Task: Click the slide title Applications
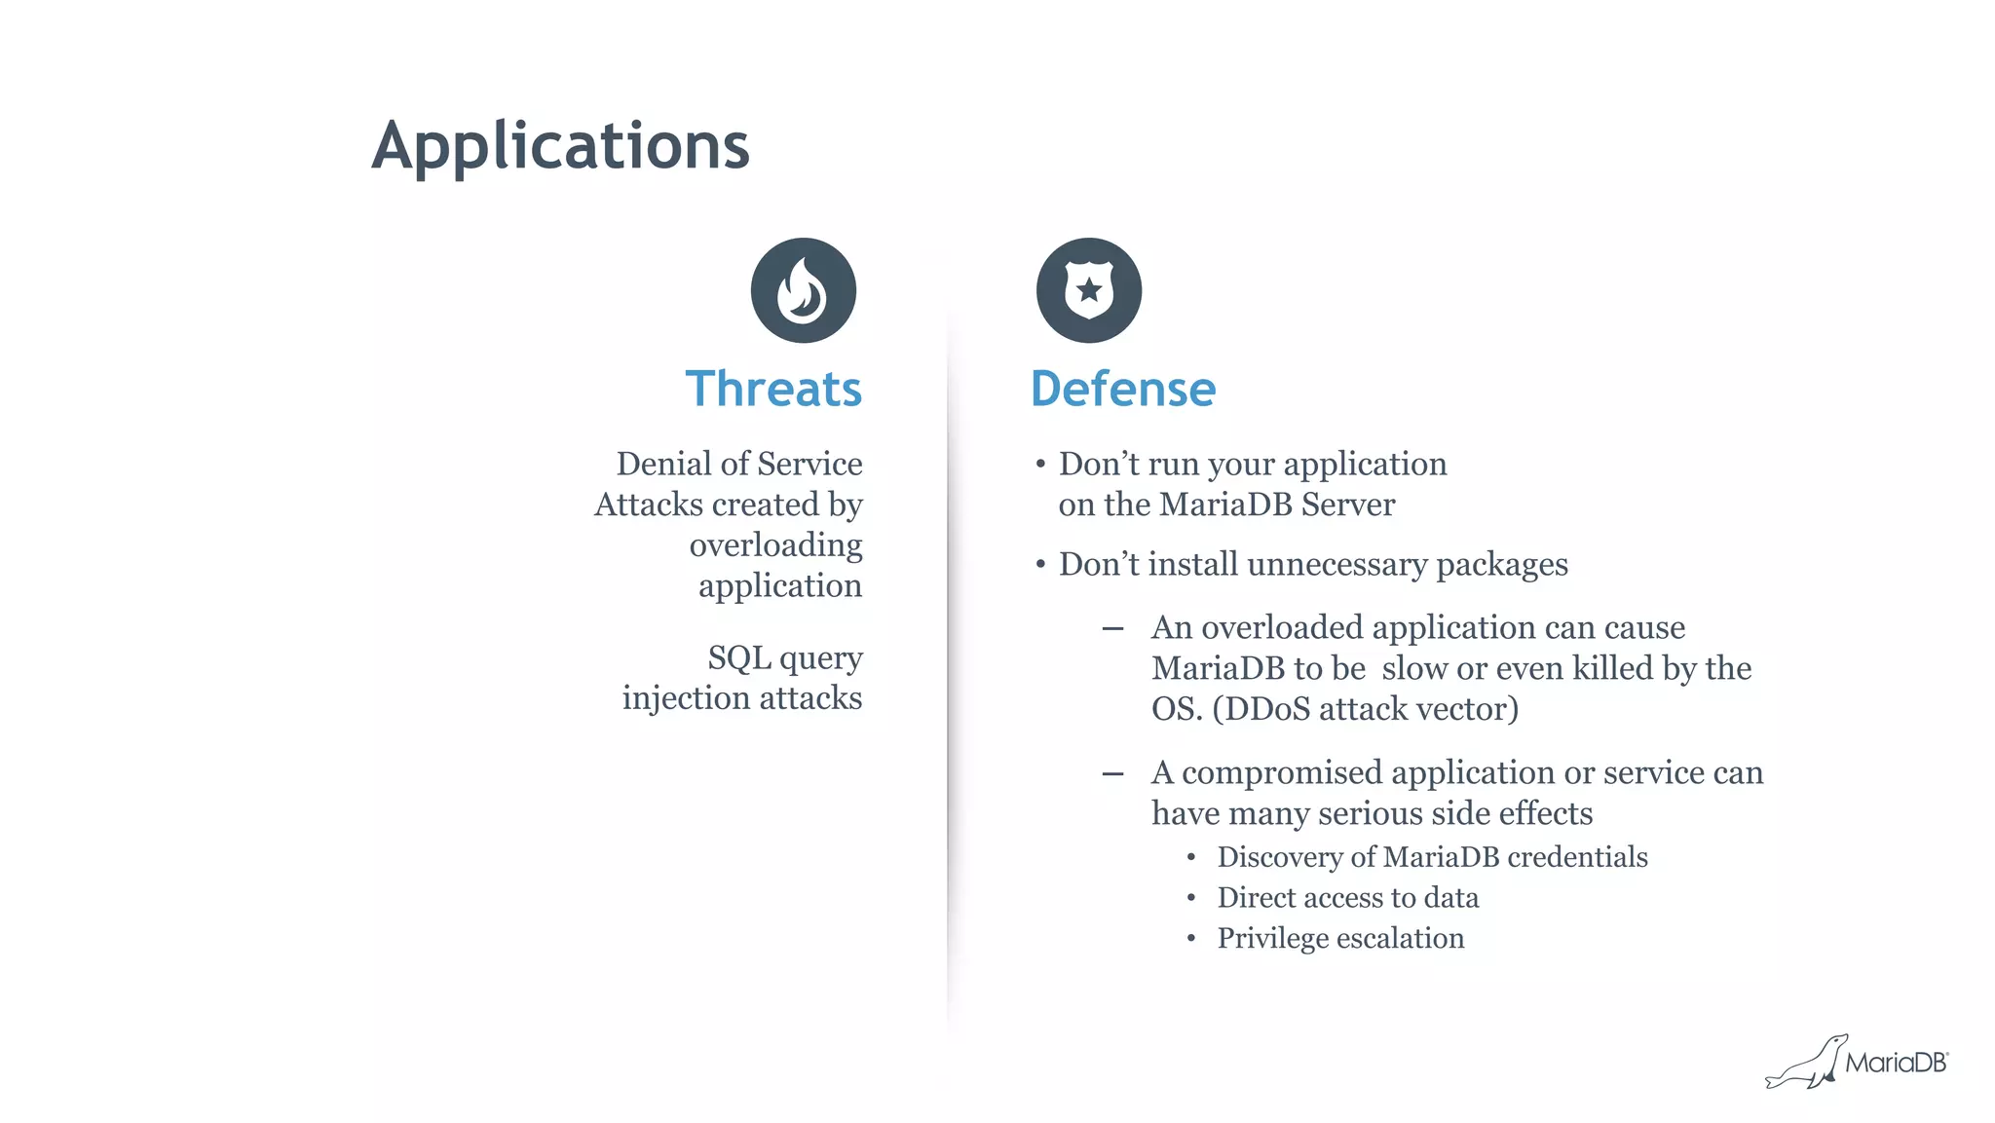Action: pyautogui.click(x=560, y=146)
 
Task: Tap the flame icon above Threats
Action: pyautogui.click(x=803, y=290)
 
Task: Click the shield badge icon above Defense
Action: pyautogui.click(x=1088, y=290)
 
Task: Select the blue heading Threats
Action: pyautogui.click(x=773, y=389)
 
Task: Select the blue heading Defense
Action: pyautogui.click(x=1122, y=389)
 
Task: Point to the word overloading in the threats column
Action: pyautogui.click(x=775, y=545)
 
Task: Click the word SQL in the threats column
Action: pyautogui.click(x=738, y=657)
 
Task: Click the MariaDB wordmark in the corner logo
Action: pyautogui.click(x=1896, y=1063)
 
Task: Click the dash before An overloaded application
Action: pyautogui.click(x=1112, y=629)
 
